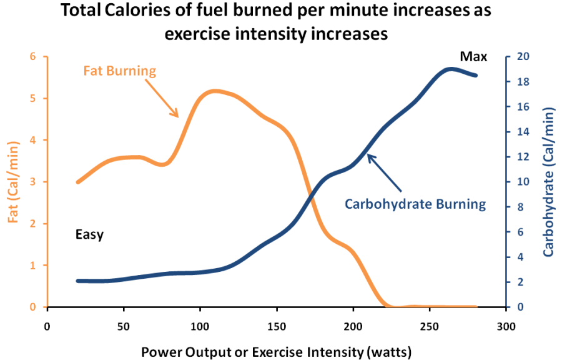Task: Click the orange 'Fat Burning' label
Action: coord(119,71)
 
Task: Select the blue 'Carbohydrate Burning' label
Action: coord(415,204)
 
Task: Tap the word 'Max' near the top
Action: coord(473,57)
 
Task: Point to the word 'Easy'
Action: coord(89,235)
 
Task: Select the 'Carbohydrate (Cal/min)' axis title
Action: coord(549,182)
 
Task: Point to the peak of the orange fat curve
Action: coord(214,91)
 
